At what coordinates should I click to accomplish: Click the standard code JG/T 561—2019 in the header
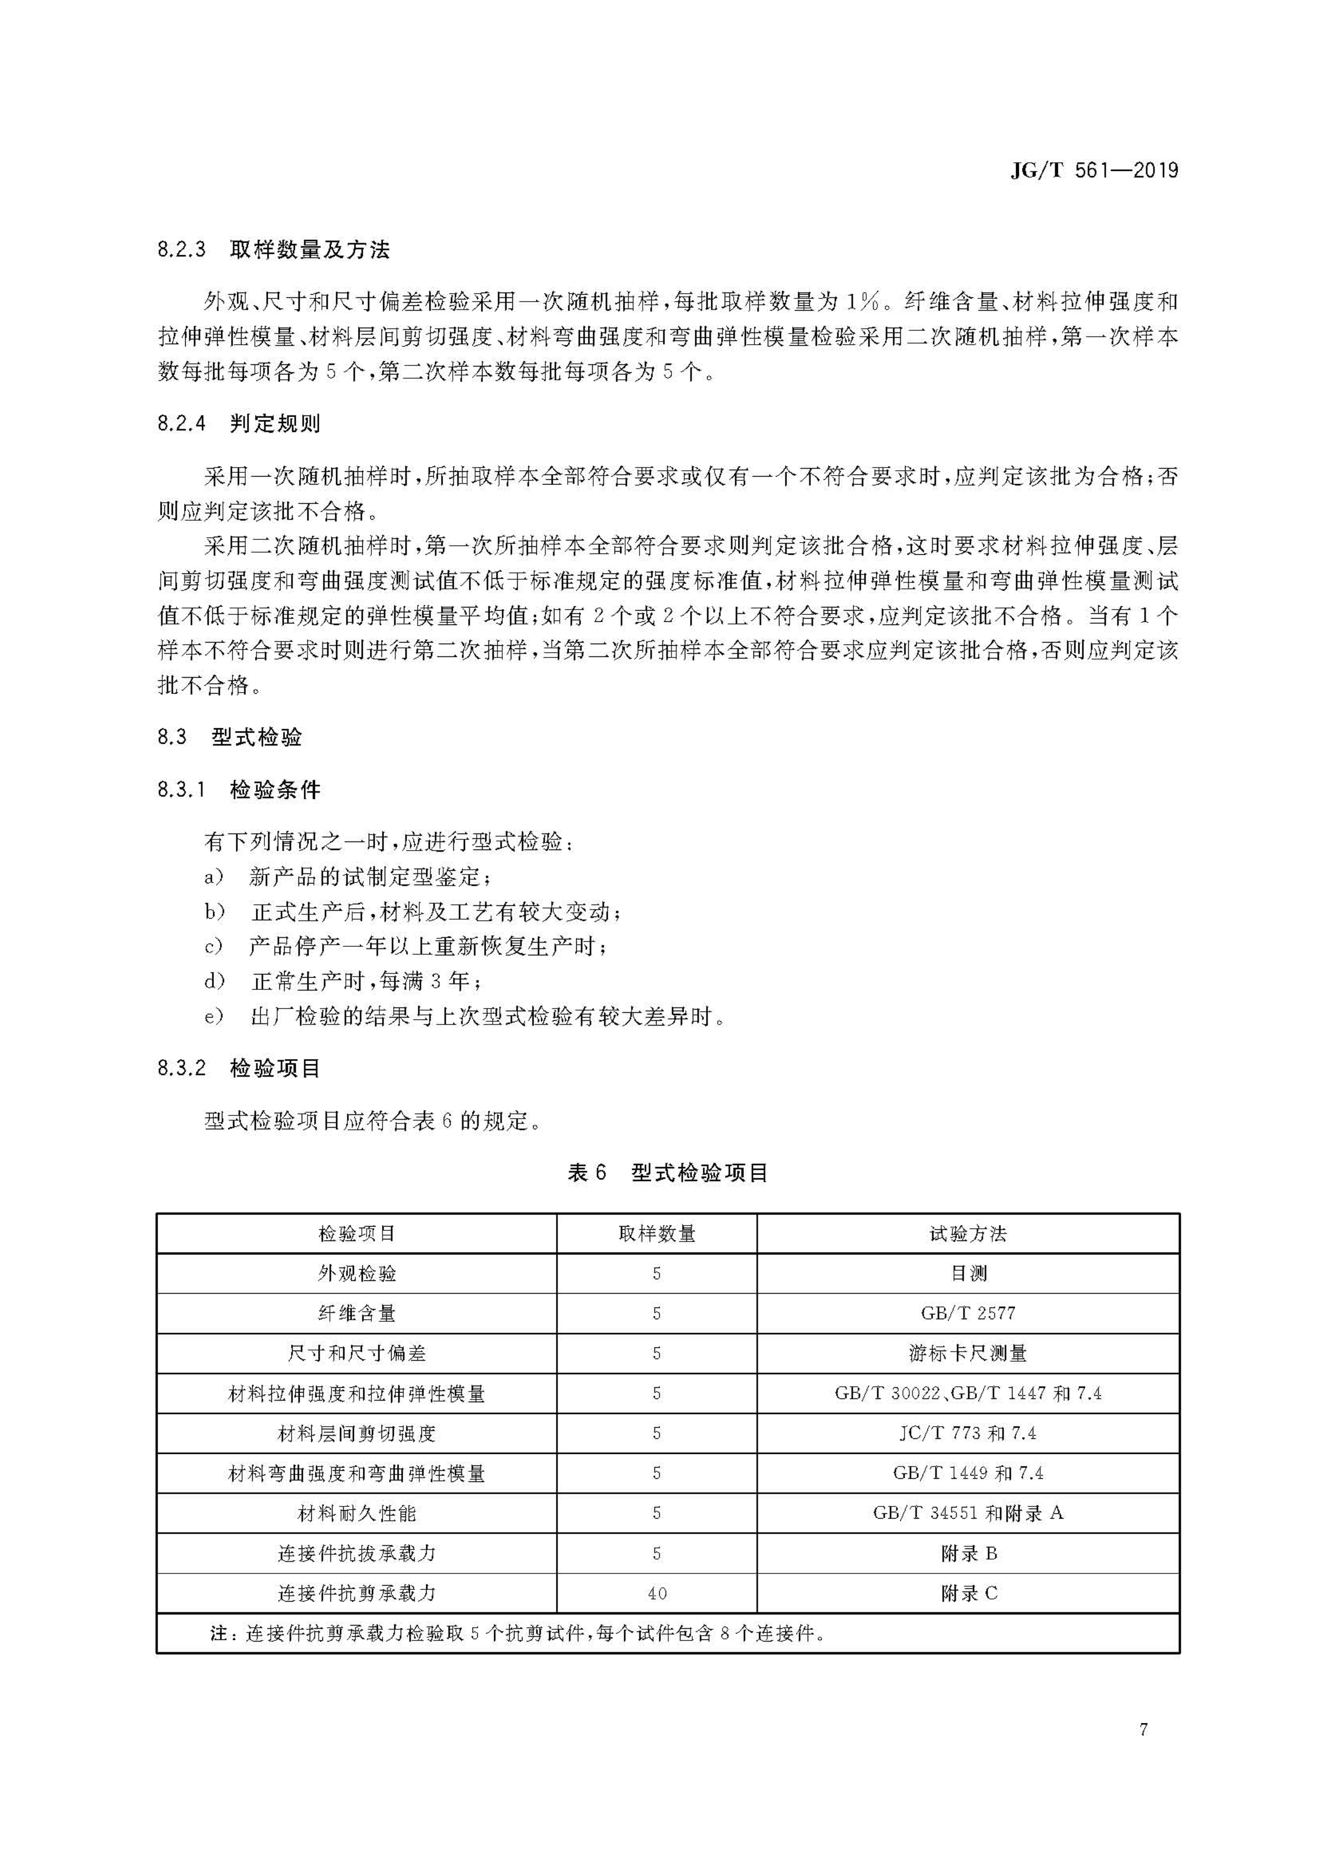(x=1094, y=171)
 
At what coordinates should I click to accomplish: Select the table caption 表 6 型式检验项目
(x=667, y=1173)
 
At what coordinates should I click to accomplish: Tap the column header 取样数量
(x=657, y=1234)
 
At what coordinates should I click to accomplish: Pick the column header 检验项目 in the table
(x=357, y=1234)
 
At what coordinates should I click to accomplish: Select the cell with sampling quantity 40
(x=657, y=1594)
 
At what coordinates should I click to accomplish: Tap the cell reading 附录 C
(x=969, y=1594)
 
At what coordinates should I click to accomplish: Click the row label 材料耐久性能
(x=357, y=1513)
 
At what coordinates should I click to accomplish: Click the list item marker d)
(x=214, y=982)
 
